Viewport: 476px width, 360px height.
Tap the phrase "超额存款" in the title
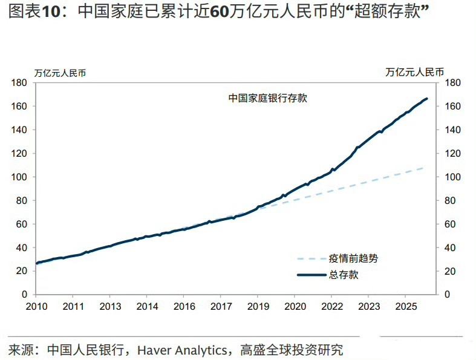point(384,13)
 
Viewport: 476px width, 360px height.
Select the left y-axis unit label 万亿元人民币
point(60,73)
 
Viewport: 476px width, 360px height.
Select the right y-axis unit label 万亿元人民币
point(414,72)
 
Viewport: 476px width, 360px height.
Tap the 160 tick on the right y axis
point(453,106)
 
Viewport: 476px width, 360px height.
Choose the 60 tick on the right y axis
point(451,224)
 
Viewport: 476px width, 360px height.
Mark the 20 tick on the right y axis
point(451,271)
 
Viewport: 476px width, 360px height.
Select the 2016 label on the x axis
point(184,306)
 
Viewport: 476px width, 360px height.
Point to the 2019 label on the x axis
point(258,306)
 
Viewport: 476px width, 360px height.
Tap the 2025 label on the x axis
point(405,306)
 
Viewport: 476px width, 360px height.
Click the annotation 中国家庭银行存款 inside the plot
point(267,97)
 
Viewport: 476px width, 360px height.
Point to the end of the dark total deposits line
point(427,99)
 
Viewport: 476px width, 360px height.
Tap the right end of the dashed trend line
point(424,168)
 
